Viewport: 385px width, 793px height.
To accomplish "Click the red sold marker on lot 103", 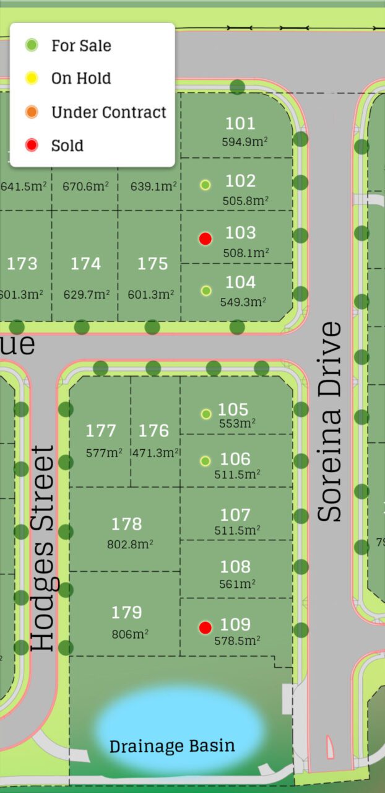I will click(205, 239).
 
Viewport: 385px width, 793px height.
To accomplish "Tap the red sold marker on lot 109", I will click(205, 628).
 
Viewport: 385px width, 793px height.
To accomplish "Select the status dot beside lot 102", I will click(205, 185).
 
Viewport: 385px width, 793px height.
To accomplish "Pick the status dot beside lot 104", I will click(206, 291).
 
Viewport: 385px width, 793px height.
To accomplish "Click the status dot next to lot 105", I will click(206, 414).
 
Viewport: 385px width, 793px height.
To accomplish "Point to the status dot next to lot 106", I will click(205, 461).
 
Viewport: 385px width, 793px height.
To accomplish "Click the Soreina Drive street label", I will click(329, 421).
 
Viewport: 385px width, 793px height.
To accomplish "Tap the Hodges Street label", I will click(43, 548).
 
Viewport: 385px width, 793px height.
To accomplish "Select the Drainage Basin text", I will click(172, 745).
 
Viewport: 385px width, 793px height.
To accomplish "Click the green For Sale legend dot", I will click(32, 45).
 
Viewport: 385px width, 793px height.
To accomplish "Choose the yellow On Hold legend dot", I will click(32, 78).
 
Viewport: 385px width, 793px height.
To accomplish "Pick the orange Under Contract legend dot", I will click(32, 112).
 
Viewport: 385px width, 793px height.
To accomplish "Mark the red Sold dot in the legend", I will click(32, 146).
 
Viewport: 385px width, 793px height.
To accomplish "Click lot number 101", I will click(240, 123).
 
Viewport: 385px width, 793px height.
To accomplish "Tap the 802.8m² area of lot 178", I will click(130, 544).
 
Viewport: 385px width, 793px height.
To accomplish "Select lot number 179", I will click(127, 613).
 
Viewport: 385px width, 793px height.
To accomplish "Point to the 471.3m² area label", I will click(155, 453).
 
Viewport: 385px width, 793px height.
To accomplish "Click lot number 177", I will click(101, 431).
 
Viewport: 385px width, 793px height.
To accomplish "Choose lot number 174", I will click(85, 264).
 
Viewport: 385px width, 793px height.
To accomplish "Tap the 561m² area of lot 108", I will click(235, 584).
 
